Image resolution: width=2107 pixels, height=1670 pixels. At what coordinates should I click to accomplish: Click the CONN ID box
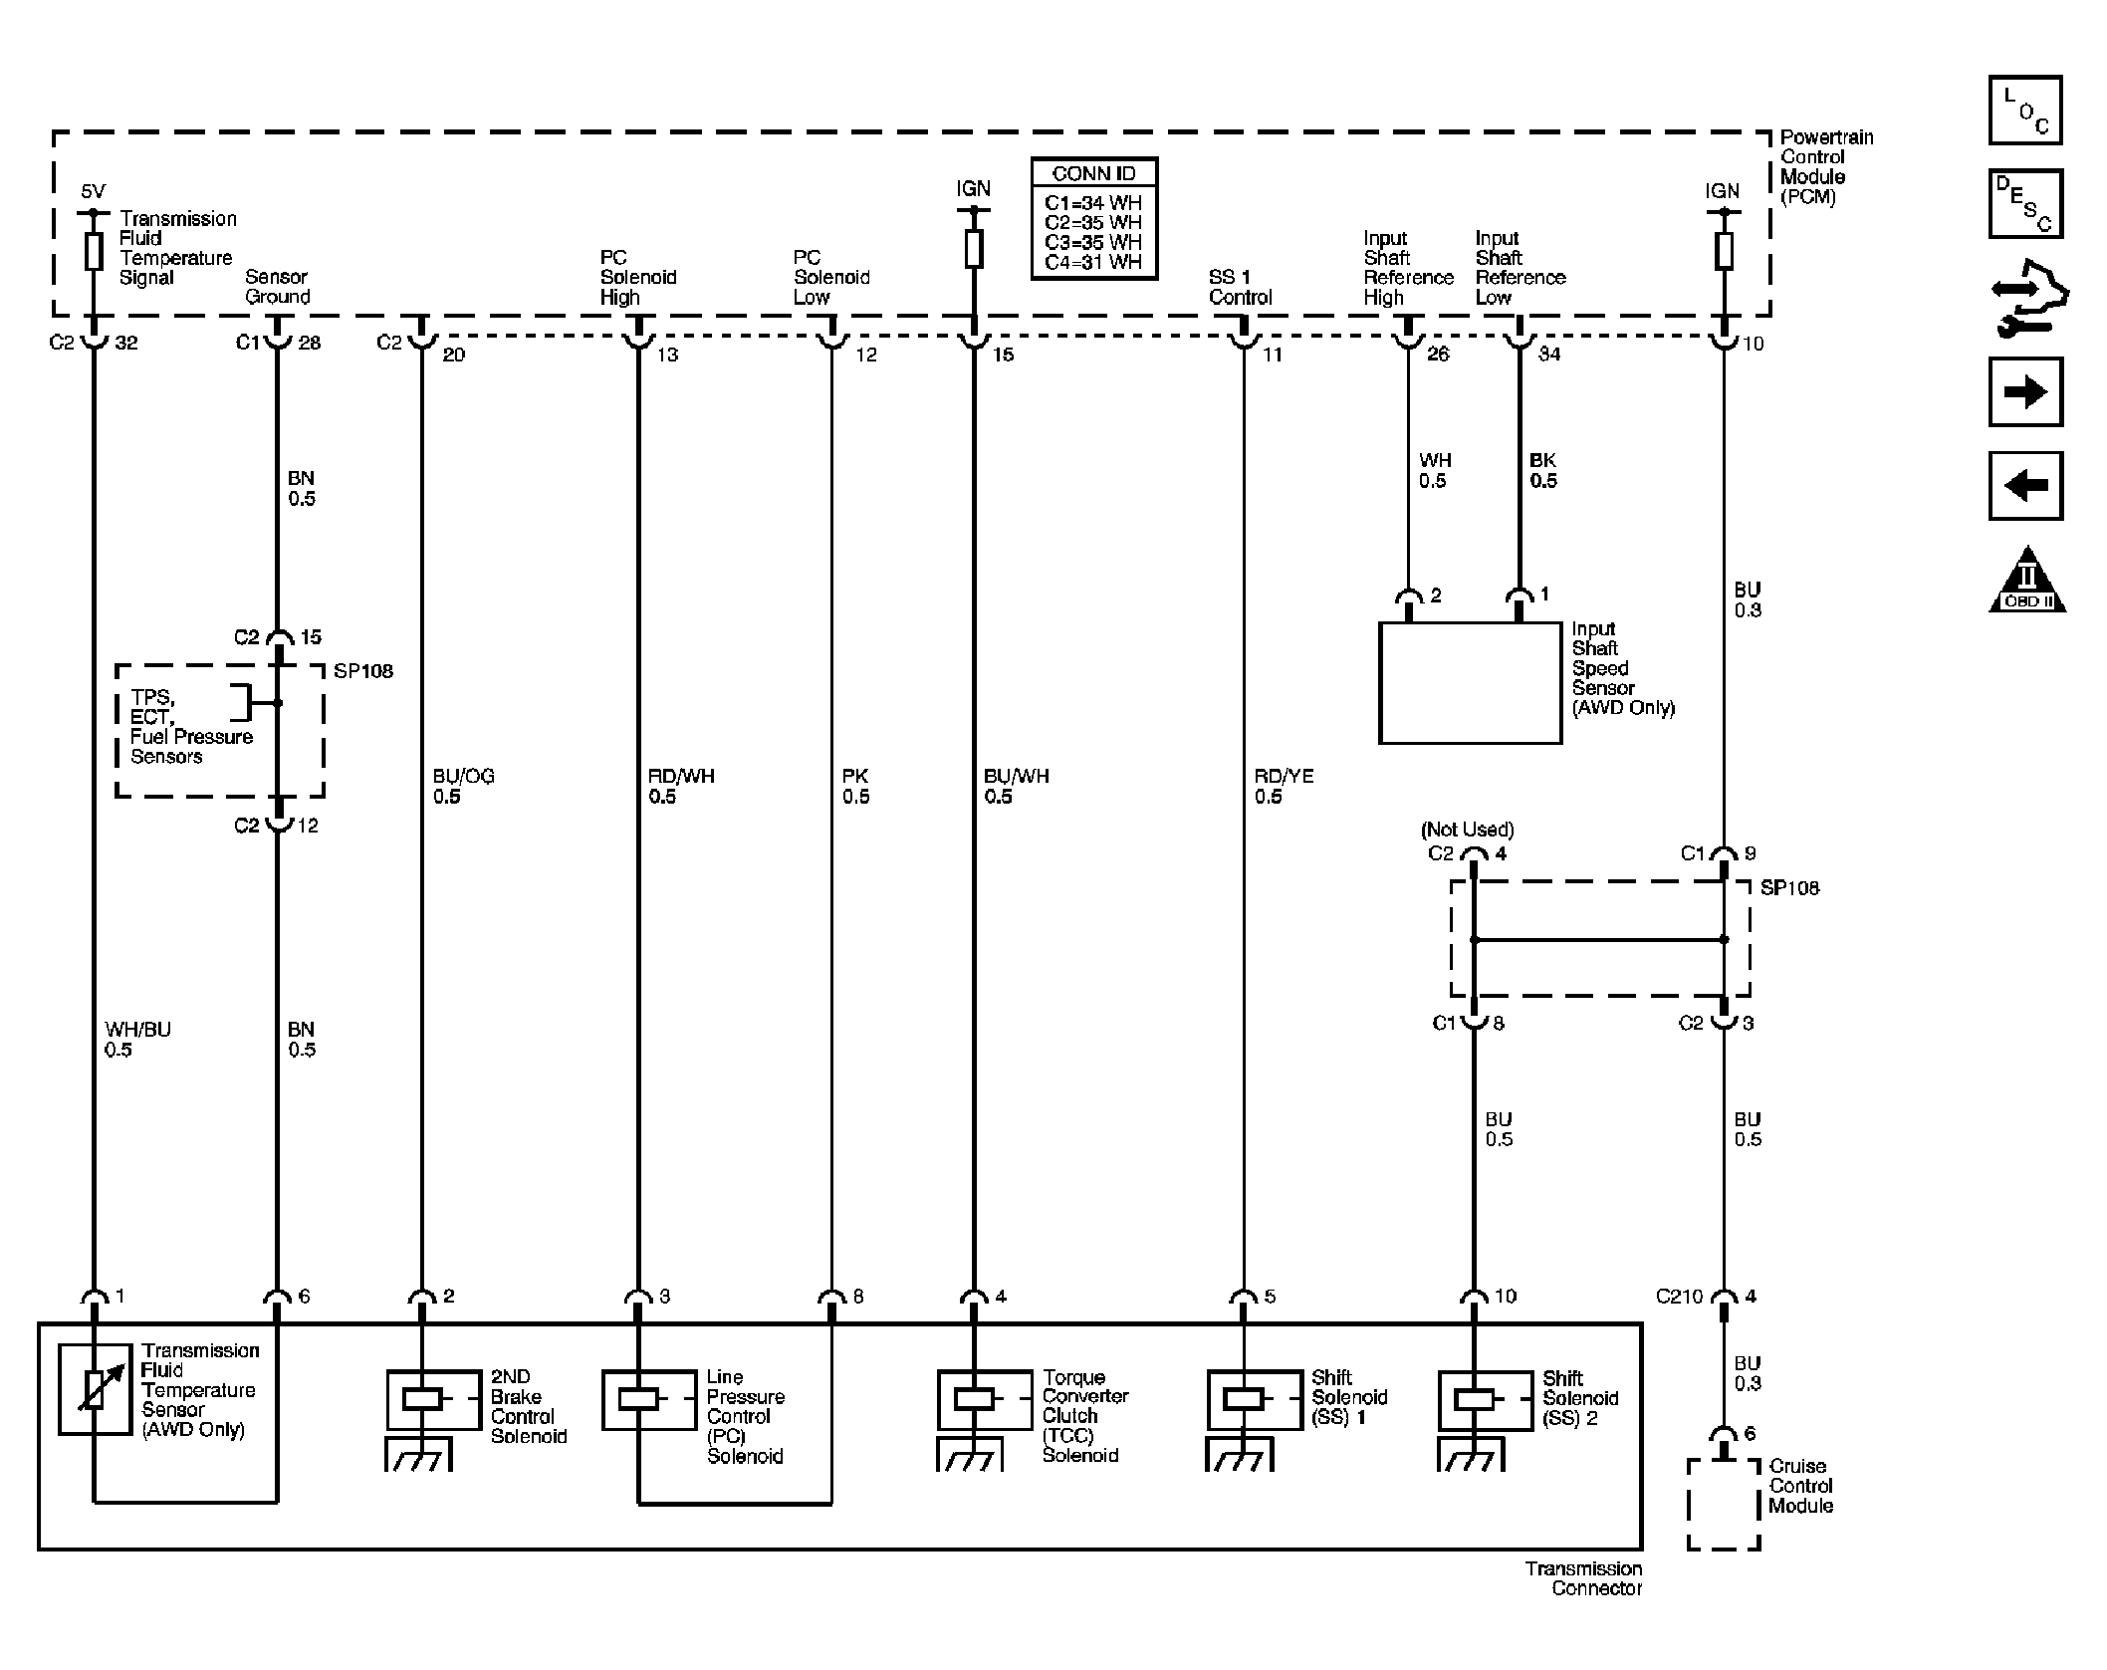click(x=1093, y=218)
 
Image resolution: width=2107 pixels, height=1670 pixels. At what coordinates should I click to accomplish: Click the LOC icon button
click(x=2024, y=111)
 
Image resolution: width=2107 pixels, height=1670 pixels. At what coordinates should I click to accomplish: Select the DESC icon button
click(x=2024, y=204)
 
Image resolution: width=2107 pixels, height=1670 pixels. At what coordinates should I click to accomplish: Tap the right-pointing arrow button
click(x=2024, y=392)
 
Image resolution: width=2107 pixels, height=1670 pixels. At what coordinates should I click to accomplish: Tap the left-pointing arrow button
click(x=2024, y=486)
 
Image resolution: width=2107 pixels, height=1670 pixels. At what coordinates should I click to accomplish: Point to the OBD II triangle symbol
click(x=2026, y=581)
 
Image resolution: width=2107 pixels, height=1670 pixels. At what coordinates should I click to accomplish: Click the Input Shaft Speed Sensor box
click(x=1469, y=683)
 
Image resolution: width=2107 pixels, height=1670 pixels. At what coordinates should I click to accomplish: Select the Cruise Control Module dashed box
click(x=1723, y=1504)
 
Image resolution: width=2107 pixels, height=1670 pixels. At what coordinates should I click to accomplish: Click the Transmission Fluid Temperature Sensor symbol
click(x=95, y=1389)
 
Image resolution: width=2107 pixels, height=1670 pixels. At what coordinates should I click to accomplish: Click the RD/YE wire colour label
click(x=1284, y=777)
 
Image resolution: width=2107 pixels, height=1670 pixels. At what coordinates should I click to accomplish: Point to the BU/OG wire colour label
click(x=463, y=777)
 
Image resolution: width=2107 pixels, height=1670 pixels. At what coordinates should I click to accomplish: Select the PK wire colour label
click(x=854, y=777)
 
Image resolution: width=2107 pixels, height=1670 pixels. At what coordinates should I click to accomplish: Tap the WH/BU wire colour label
click(x=137, y=1030)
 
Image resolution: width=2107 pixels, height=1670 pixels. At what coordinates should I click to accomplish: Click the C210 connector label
click(x=1679, y=1297)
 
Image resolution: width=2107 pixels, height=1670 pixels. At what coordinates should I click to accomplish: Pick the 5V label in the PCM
click(x=93, y=191)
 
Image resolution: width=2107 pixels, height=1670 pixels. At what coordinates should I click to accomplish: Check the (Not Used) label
click(x=1467, y=830)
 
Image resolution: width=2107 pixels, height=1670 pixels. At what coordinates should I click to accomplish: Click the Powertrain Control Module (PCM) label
click(x=1825, y=166)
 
